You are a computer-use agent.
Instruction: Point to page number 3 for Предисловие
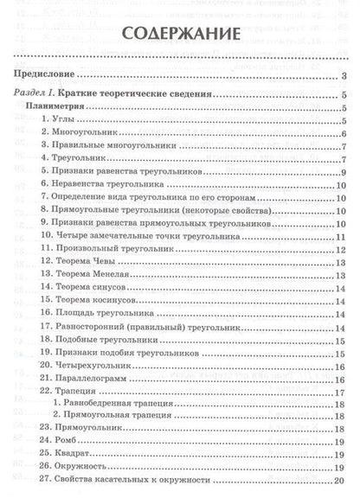tap(344, 76)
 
